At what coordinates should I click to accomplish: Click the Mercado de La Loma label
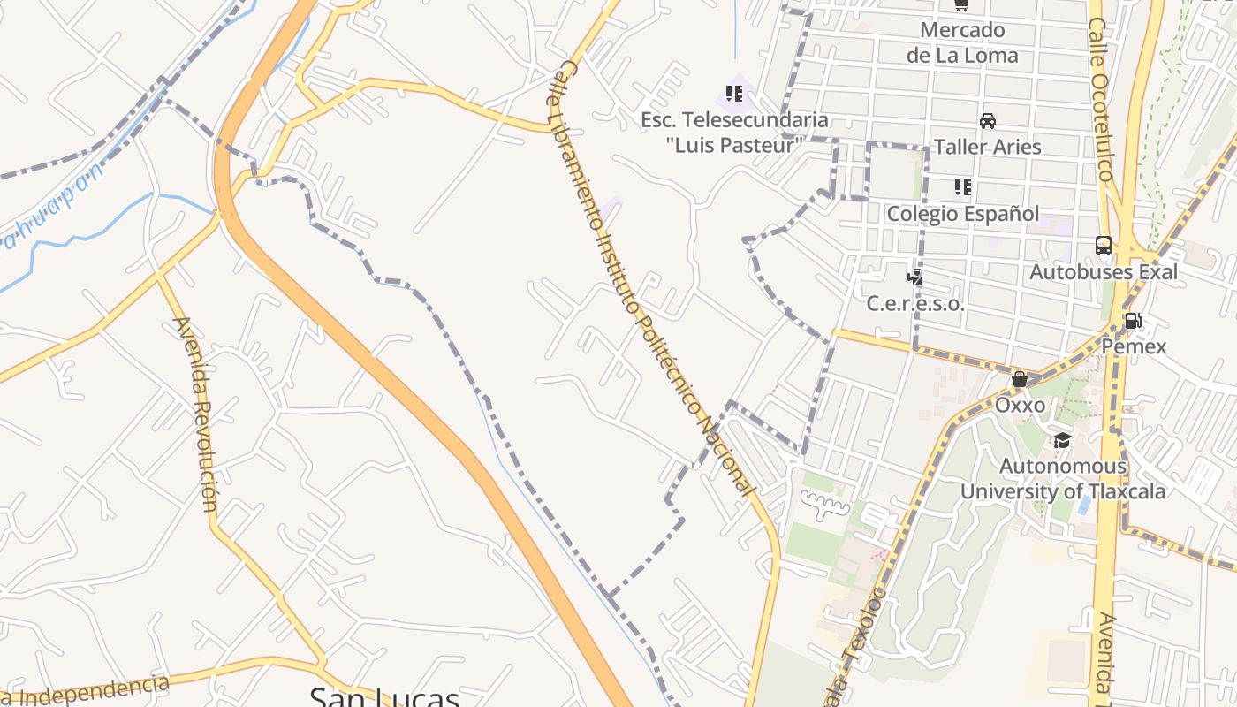(962, 42)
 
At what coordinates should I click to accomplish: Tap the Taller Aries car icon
(988, 121)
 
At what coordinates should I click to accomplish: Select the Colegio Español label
(963, 213)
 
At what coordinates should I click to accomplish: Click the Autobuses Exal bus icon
(1104, 246)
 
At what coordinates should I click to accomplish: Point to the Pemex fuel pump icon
(1133, 321)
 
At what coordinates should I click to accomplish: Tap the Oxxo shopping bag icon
(1020, 379)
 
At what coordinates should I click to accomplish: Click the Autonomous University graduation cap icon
(1062, 440)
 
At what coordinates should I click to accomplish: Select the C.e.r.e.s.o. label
(915, 303)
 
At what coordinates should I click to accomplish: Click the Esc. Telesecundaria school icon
(733, 93)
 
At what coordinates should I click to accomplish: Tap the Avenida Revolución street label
(197, 414)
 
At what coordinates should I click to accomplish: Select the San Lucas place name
(384, 696)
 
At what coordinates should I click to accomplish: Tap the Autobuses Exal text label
(1104, 271)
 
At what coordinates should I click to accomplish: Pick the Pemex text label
(1134, 346)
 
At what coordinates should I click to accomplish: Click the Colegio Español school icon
(962, 187)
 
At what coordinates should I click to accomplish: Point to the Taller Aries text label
(988, 147)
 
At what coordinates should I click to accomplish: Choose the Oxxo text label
(1021, 406)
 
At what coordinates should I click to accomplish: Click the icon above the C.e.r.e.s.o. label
(915, 277)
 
